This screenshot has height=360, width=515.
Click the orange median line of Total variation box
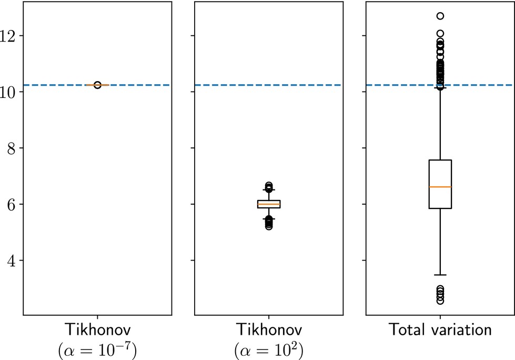pyautogui.click(x=440, y=187)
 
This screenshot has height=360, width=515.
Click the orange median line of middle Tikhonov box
pyautogui.click(x=269, y=204)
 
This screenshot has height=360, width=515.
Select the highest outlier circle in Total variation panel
pyautogui.click(x=440, y=16)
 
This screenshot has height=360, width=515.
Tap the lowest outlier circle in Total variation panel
pyautogui.click(x=440, y=301)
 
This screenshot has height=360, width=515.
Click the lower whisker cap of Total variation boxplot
pyautogui.click(x=440, y=275)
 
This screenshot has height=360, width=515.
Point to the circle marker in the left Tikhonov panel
pyautogui.click(x=97, y=85)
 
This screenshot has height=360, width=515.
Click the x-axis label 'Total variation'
pyautogui.click(x=440, y=331)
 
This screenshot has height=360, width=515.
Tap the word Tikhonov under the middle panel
pyautogui.click(x=269, y=331)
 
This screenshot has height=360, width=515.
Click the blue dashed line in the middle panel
pyautogui.click(x=231, y=85)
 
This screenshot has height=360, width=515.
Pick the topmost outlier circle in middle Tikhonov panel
pyautogui.click(x=269, y=185)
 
